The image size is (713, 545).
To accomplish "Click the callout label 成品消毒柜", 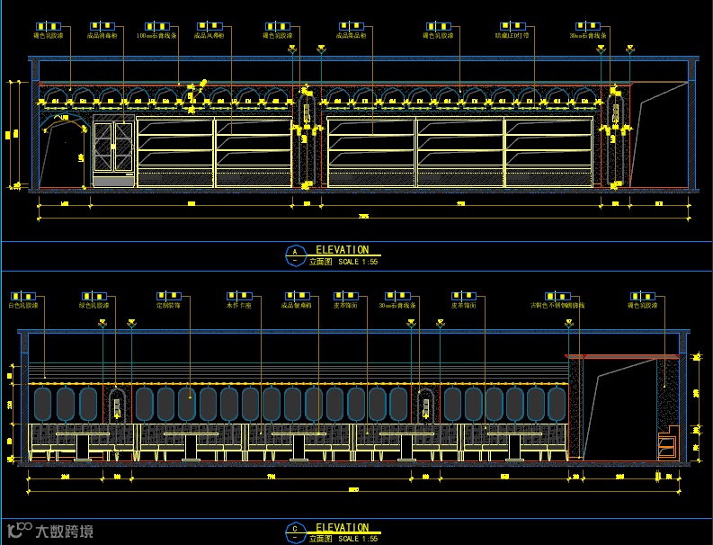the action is coord(102,36).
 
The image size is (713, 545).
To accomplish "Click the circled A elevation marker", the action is coord(293,253).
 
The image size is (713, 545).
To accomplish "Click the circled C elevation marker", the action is coord(293,532).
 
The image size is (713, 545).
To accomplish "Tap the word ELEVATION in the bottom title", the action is coord(342,528).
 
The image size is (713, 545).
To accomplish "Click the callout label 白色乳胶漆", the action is coord(22,305).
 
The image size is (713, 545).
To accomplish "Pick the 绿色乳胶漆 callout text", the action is coord(95,305).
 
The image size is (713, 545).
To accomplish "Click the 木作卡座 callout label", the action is coord(239,305).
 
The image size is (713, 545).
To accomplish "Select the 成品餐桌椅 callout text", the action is coord(295,305).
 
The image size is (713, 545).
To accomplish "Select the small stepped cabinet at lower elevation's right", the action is coord(666,444).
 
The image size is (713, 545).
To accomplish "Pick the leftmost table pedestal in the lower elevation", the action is coord(82,447).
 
